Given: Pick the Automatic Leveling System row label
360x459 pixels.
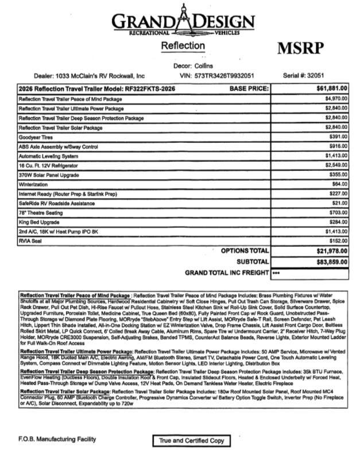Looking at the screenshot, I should tap(48, 155).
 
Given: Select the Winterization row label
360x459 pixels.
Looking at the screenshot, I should tap(34, 183).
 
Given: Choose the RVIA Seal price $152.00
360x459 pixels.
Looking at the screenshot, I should tap(337, 241).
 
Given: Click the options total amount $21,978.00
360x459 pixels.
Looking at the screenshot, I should tap(331, 251).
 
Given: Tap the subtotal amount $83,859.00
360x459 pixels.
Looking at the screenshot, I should tap(331, 261).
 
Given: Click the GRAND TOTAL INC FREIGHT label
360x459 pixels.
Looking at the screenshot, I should tap(226, 273).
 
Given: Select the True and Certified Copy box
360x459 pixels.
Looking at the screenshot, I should tap(188, 441).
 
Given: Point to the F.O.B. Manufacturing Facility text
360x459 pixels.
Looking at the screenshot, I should tap(57, 439).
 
